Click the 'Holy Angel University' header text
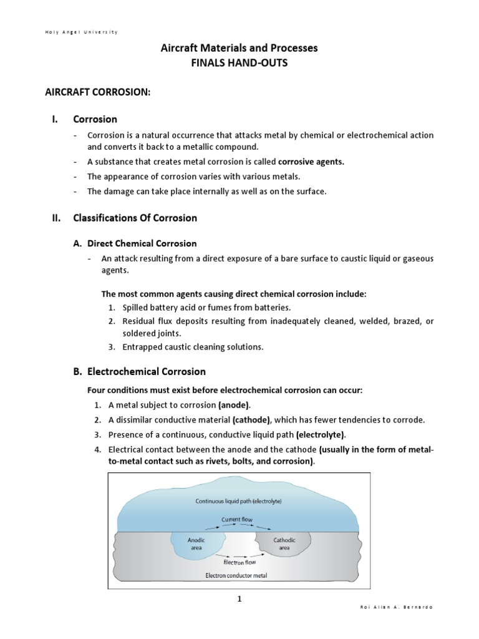tap(81, 32)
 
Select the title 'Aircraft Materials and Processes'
tap(239, 48)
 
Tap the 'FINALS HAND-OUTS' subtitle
tap(239, 64)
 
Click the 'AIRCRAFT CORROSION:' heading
tap(98, 92)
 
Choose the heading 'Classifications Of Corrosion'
tap(135, 218)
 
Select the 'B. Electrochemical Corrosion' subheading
tap(139, 371)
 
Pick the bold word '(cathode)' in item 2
tap(253, 420)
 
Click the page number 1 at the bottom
tap(239, 599)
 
